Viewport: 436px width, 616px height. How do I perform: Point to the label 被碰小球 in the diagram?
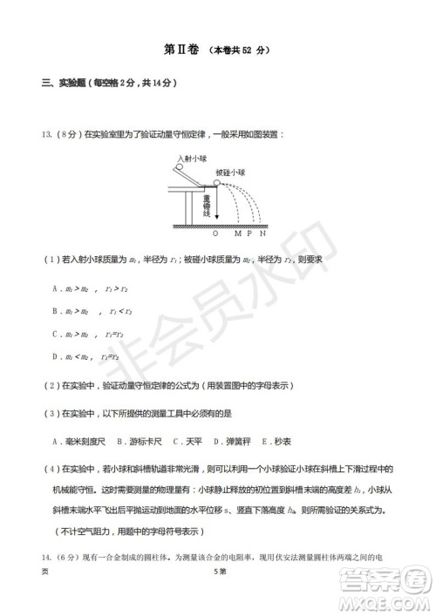(x=230, y=173)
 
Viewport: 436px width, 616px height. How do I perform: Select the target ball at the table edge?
(x=216, y=183)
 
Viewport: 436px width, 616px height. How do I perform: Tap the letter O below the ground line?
(x=216, y=234)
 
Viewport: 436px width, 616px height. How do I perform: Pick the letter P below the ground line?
(x=249, y=234)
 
